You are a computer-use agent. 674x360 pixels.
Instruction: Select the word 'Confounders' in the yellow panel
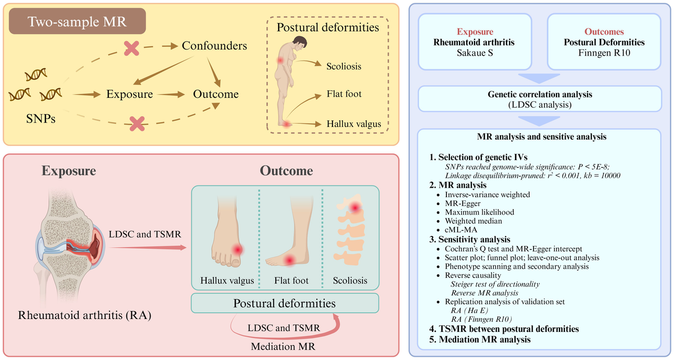point(214,46)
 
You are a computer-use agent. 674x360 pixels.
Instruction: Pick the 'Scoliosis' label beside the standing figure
point(344,66)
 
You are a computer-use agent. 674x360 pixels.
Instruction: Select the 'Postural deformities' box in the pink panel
point(285,304)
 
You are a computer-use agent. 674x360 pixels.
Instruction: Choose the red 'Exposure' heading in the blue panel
point(473,32)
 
